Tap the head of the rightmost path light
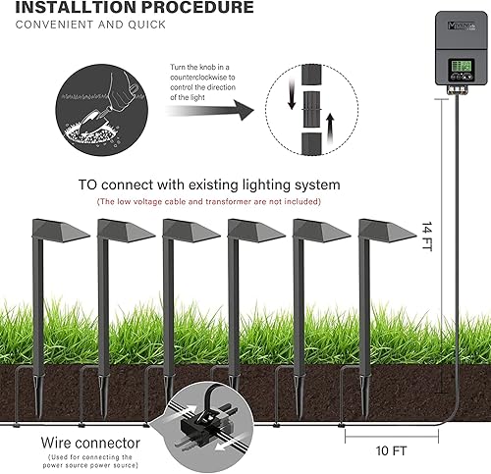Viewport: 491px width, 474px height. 387,231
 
